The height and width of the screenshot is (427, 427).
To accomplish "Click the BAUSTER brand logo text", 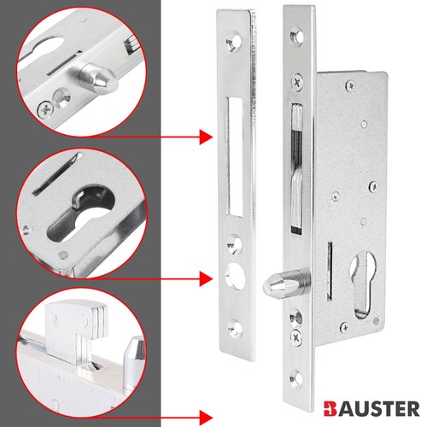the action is point(371,409).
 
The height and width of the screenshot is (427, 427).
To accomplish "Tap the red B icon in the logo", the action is point(330,409).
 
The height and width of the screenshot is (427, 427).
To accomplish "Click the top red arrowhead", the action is point(206,137).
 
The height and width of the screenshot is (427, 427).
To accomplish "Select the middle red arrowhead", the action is point(206,278).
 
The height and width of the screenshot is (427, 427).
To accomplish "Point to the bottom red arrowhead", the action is point(206,418).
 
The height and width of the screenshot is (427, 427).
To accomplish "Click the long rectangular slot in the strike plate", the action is point(235,157).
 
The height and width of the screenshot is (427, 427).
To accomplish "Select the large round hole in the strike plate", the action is point(235,276).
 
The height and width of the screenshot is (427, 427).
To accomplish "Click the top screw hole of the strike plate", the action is point(233,43).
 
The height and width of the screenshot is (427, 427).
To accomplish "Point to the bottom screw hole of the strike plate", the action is point(235,330).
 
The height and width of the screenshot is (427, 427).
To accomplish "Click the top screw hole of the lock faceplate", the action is point(296,37).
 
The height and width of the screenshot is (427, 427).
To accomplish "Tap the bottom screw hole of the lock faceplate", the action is point(296,378).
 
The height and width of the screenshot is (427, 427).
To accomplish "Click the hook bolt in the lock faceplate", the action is point(296,168).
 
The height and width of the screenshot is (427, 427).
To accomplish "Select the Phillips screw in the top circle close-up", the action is point(46,108).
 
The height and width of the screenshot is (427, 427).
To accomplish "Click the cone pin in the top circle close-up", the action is point(97,79).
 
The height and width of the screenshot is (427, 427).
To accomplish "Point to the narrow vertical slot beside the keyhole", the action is point(330,271).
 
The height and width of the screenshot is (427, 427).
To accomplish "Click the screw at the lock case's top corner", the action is point(351,85).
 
